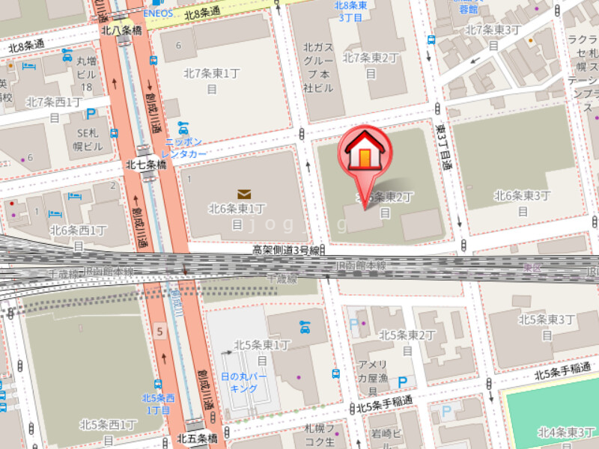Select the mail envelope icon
pyautogui.click(x=243, y=194)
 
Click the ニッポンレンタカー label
pyautogui.click(x=184, y=147)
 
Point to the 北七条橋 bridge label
pyautogui.click(x=146, y=164)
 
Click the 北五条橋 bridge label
pyautogui.click(x=197, y=438)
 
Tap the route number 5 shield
pyautogui.click(x=159, y=330)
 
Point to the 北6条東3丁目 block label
pyautogui.click(x=523, y=202)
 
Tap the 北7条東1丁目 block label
pyautogui.click(x=211, y=80)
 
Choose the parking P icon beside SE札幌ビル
pyautogui.click(x=91, y=114)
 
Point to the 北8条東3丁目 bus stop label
pyautogui.click(x=349, y=10)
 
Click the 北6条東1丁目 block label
pyautogui.click(x=237, y=216)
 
